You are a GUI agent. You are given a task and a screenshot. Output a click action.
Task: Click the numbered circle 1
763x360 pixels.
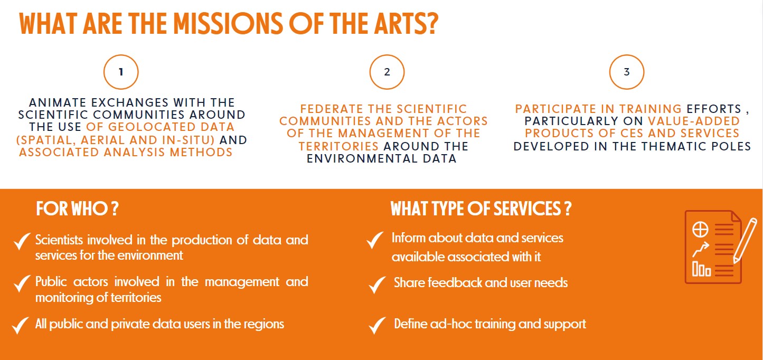(x=121, y=55)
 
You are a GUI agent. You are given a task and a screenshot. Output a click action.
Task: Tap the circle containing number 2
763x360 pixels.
(x=387, y=55)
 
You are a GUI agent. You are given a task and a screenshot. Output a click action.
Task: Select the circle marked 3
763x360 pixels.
(x=627, y=55)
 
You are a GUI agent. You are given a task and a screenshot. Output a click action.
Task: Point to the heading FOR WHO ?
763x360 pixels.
(x=77, y=209)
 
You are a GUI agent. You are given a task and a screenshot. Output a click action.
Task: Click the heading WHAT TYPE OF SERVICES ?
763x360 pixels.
(x=481, y=209)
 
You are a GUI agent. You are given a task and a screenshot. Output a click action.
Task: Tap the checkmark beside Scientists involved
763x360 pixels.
(x=22, y=241)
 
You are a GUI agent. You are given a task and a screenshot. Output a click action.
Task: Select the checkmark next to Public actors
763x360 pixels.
(x=22, y=283)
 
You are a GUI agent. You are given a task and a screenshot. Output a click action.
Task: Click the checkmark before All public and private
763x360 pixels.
(x=21, y=325)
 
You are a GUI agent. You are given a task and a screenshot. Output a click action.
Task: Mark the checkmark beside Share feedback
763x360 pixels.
(x=377, y=285)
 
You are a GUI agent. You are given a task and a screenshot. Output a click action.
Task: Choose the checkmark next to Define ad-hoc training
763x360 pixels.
(x=377, y=326)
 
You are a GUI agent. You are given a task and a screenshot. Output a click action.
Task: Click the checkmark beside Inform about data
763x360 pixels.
(x=375, y=240)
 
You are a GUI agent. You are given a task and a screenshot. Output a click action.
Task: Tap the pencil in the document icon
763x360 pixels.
(x=745, y=241)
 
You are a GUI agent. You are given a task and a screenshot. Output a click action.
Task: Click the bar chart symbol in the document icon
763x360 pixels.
(x=702, y=269)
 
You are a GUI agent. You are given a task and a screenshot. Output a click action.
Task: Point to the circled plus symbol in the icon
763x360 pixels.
(x=700, y=229)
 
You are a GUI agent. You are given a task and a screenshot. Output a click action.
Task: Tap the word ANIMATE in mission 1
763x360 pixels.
(x=58, y=102)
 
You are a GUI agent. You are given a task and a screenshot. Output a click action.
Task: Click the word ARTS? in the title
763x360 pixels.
(x=406, y=24)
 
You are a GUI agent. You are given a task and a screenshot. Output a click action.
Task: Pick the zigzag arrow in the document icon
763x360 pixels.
(x=701, y=249)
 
